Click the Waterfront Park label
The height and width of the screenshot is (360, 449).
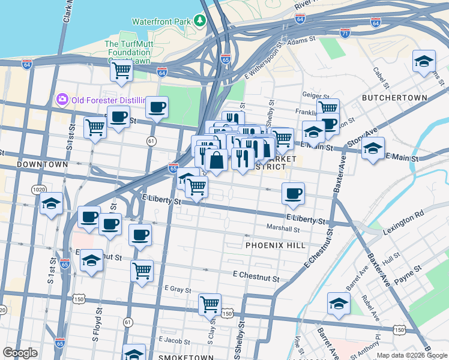point(160,21)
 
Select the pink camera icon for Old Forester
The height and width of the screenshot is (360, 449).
point(61,99)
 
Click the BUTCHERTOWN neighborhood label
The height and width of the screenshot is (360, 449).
point(394,98)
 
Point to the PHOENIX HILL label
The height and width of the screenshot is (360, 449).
point(276,245)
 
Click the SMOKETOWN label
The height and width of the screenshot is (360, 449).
point(185,358)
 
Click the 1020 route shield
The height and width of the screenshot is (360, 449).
point(38,190)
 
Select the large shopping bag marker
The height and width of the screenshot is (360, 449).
point(216,160)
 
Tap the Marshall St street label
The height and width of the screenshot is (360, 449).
point(283,229)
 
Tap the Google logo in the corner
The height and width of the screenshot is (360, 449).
point(19,353)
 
